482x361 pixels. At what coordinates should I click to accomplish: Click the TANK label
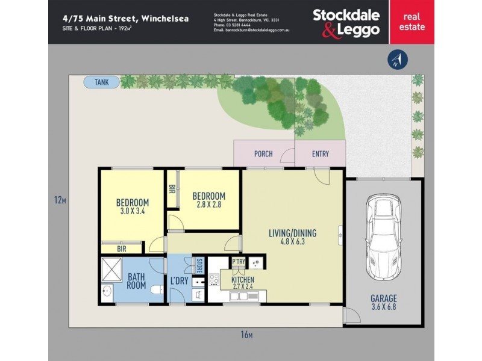click(102, 82)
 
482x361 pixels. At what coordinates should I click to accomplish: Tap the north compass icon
click(398, 59)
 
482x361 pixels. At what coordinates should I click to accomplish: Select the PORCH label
click(263, 154)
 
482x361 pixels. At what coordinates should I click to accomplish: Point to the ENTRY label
click(321, 154)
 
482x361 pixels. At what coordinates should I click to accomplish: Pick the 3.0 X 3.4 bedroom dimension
click(132, 211)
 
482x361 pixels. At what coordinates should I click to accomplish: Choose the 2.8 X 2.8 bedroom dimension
click(208, 205)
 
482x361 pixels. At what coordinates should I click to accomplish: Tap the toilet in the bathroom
click(157, 290)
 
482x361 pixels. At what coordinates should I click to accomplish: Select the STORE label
click(199, 264)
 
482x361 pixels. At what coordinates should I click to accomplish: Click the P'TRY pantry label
click(239, 262)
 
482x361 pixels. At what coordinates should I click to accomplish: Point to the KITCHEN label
click(242, 280)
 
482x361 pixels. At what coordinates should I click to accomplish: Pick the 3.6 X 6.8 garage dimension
click(384, 306)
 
